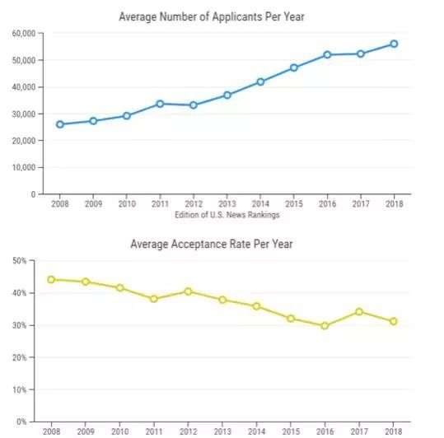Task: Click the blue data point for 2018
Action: point(394,44)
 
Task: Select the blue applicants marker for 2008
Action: point(60,124)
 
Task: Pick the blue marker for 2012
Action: point(194,105)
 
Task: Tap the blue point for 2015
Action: point(294,68)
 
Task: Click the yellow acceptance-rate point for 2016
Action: point(325,326)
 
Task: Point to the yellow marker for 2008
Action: point(51,280)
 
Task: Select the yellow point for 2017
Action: point(359,312)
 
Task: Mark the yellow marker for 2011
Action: point(154,299)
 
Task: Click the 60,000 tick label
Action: point(24,34)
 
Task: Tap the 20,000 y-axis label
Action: point(24,141)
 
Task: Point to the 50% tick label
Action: point(20,261)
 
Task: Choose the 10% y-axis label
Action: point(20,390)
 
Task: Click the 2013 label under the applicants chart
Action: point(227,203)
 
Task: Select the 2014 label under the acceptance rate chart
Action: point(256,431)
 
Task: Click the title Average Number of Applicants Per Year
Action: point(212,16)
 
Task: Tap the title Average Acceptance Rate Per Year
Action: point(212,244)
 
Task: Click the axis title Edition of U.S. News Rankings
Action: point(227,215)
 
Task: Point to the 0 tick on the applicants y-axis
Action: point(34,194)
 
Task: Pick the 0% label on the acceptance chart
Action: point(21,422)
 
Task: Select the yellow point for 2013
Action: point(222,300)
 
